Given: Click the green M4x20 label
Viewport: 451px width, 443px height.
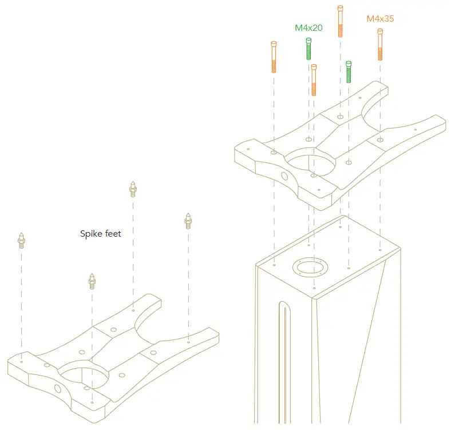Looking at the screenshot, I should coord(308,27).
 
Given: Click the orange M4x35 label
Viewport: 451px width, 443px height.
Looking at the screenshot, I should coord(380,19).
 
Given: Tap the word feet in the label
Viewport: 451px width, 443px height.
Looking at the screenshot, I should coord(113,233).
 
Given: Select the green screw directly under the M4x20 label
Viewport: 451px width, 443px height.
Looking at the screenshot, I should coord(309,49).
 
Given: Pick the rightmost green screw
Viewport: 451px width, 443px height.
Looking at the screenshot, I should coord(349,71).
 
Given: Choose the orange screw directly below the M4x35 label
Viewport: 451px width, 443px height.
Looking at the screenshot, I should coord(380,45).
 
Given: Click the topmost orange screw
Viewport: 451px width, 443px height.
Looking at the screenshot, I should coord(341,21).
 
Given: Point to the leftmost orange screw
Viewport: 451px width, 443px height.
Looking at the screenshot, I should coord(274,57).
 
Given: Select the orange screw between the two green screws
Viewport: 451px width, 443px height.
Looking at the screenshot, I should coord(314,80).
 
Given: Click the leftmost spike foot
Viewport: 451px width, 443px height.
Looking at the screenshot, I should coord(21,241).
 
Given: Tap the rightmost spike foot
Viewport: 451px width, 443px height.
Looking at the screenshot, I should coord(188,221).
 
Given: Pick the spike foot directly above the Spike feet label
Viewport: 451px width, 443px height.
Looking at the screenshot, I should coord(133,189).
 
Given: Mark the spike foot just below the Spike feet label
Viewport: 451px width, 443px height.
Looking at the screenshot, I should coord(92,281).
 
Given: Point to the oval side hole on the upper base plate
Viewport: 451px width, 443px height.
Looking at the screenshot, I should coord(283,175).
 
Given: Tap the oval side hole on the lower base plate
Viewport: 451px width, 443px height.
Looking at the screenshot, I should coord(57,389).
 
